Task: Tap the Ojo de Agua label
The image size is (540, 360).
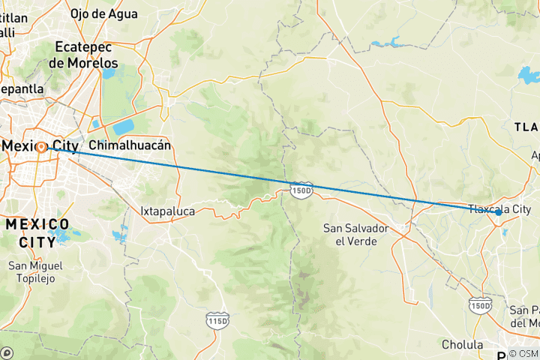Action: point(103,13)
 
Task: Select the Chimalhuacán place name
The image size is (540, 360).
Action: point(130,144)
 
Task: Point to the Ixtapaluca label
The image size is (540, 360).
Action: point(167,211)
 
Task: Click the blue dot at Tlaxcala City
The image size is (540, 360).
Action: point(499,213)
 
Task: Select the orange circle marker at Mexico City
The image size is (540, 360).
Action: point(41,147)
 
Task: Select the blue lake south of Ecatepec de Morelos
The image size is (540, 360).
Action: point(123,126)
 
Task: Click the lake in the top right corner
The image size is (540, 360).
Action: point(529,75)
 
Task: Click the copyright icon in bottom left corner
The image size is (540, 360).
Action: point(7,352)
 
